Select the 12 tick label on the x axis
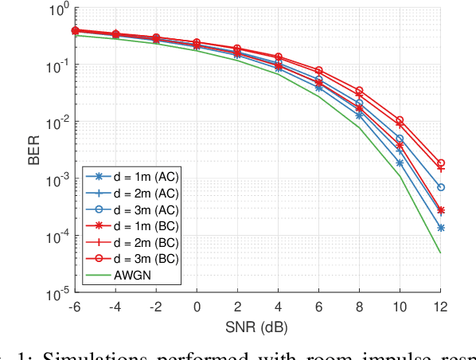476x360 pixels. [440, 308]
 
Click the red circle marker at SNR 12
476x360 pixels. [441, 162]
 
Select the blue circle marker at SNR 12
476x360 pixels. [441, 187]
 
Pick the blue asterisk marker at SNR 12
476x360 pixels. [441, 228]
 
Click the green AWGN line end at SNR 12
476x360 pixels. [441, 253]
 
